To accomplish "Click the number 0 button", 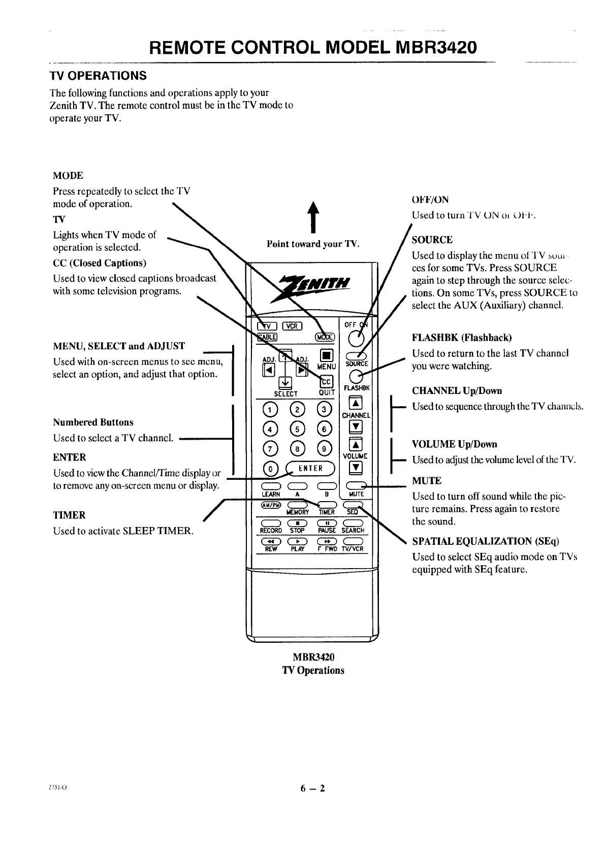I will coord(271,468).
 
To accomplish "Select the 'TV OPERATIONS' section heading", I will coord(98,76).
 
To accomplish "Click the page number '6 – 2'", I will coord(312,788).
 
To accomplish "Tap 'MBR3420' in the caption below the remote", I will coord(313,657).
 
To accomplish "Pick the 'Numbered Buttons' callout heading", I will coord(93,422).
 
